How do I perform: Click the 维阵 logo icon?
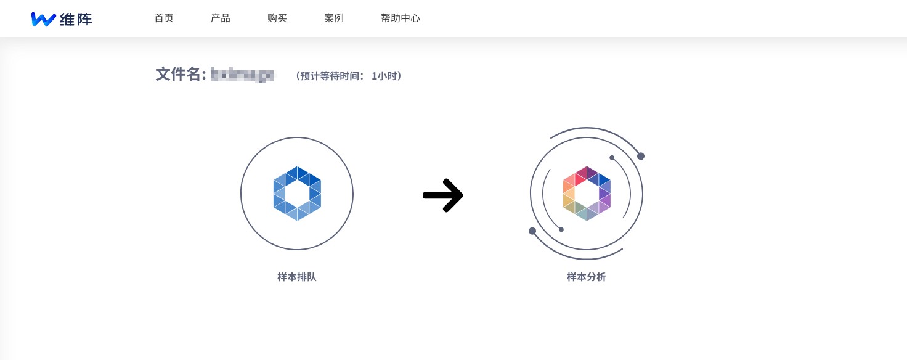tap(43, 19)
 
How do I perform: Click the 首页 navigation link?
tap(164, 18)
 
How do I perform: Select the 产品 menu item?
tap(221, 18)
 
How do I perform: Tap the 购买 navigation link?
tap(277, 18)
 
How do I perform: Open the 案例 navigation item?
tap(334, 18)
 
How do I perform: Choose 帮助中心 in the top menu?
tap(401, 18)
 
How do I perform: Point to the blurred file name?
tap(242, 75)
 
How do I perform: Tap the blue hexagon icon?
tap(297, 194)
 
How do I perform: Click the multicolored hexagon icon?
tap(587, 194)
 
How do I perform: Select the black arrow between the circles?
tap(443, 195)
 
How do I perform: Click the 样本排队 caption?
tap(297, 277)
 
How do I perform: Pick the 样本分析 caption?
tap(587, 277)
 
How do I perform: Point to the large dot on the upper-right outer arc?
tap(641, 156)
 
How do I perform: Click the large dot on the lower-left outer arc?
tap(532, 231)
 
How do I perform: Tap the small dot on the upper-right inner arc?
tap(612, 158)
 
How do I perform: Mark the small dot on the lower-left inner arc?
tap(561, 229)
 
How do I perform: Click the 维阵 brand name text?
tap(76, 19)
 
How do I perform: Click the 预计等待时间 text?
tap(333, 76)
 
